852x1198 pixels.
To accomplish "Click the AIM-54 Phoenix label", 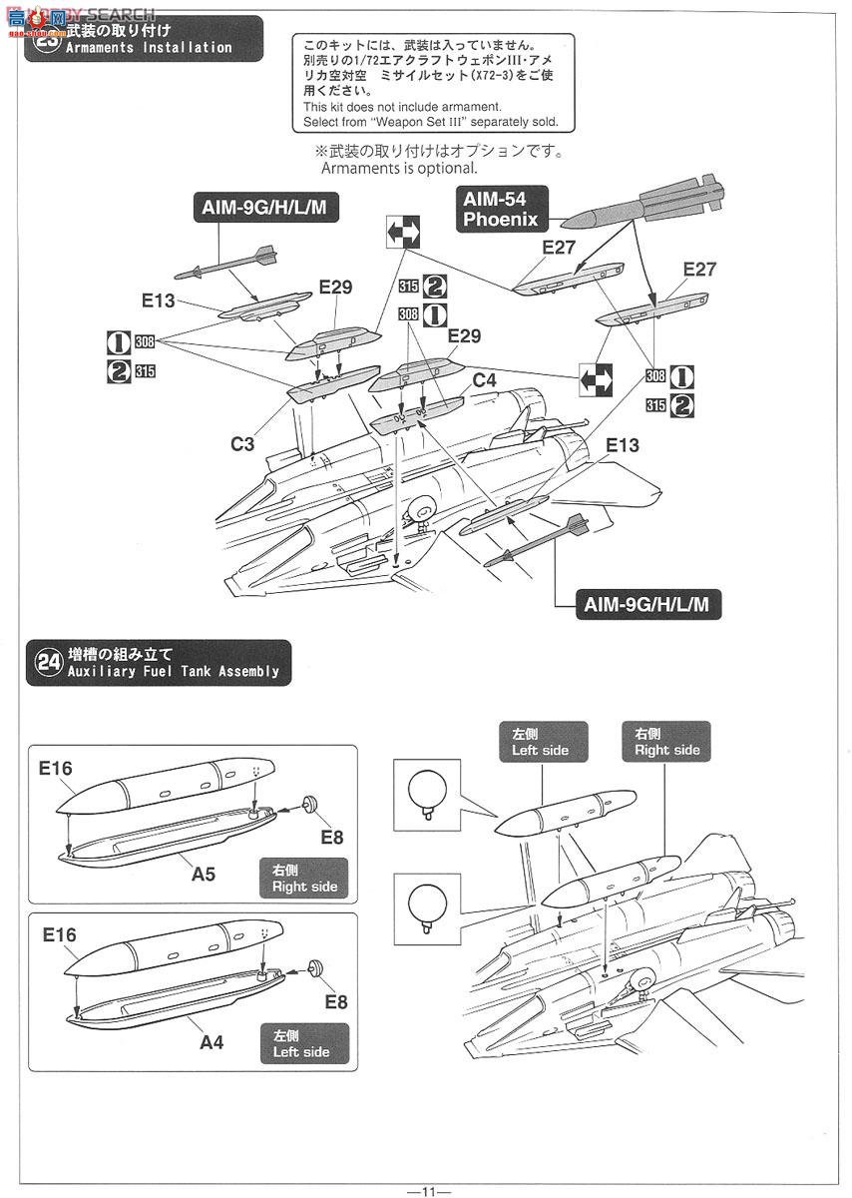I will click(500, 209).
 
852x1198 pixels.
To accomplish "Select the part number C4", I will click(484, 380).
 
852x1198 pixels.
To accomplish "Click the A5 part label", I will click(204, 874).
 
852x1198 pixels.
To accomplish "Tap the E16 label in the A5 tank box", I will click(57, 769).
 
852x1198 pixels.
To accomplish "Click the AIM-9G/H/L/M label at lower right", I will click(647, 604).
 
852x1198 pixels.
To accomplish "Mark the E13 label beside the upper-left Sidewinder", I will click(159, 299).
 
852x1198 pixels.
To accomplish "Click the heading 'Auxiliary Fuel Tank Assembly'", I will click(173, 671).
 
